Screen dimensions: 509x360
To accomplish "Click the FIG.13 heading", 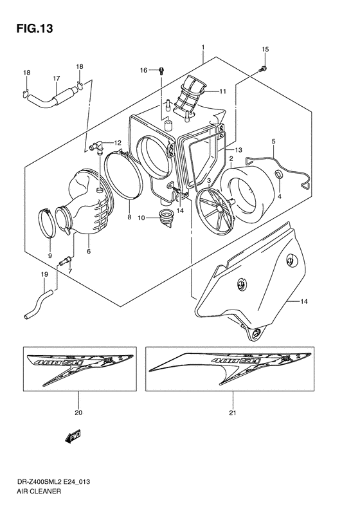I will [x=31, y=29].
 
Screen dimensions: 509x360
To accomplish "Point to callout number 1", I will [x=203, y=48].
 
